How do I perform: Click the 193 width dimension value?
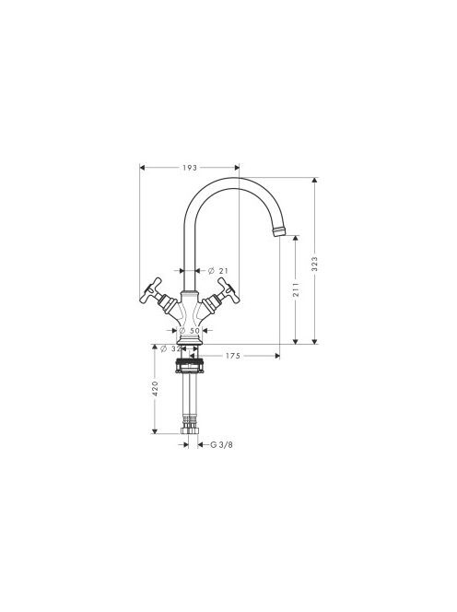pos(190,168)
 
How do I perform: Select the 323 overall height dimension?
pos(315,265)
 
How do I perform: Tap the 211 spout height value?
pos(296,289)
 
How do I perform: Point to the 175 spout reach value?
pos(233,356)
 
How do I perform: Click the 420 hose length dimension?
pos(155,389)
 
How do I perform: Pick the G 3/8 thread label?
pos(222,444)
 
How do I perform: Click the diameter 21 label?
pos(217,270)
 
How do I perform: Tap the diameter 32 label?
pos(171,348)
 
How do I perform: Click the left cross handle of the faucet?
pos(151,290)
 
